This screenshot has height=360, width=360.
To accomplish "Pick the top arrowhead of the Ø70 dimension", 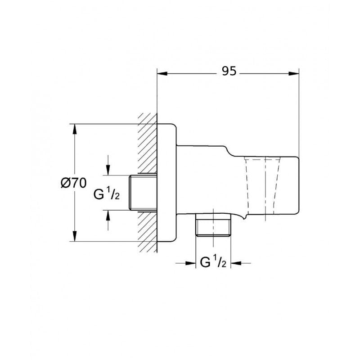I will tap(75, 128).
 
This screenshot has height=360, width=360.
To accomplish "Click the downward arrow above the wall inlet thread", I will tap(108, 170).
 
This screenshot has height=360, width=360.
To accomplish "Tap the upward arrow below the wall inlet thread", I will tap(108, 215).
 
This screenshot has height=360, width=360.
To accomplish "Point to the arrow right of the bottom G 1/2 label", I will tap(235, 264).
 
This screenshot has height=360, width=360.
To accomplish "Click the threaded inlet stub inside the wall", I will tap(143, 193).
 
